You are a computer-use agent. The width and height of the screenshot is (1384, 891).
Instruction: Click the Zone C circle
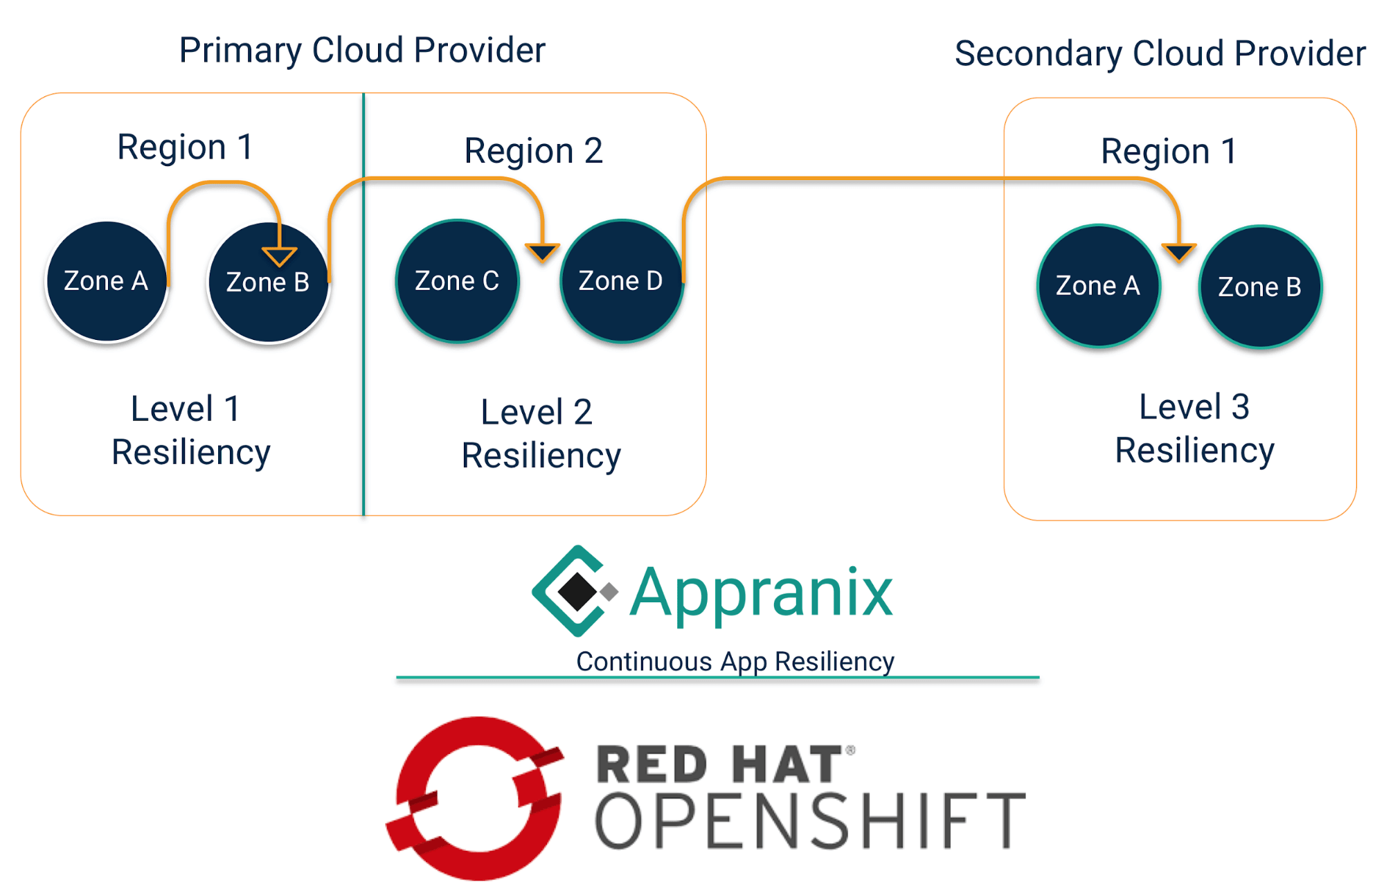pyautogui.click(x=457, y=281)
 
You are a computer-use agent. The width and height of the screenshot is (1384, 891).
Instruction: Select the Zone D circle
pyautogui.click(x=621, y=281)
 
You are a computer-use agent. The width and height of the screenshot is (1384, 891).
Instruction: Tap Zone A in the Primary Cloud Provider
pyautogui.click(x=107, y=281)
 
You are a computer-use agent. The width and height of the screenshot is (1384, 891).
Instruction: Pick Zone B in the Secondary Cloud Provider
pyautogui.click(x=1260, y=287)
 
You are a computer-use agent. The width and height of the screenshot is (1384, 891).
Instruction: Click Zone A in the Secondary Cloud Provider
pyautogui.click(x=1098, y=285)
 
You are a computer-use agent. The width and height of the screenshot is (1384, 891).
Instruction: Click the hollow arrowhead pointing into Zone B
pyautogui.click(x=279, y=255)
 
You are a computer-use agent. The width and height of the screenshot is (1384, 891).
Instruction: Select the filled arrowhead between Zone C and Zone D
pyautogui.click(x=542, y=252)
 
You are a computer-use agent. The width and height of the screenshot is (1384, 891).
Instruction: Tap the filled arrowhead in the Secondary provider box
pyautogui.click(x=1178, y=252)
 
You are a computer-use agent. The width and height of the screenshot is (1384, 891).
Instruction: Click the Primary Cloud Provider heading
pyautogui.click(x=362, y=51)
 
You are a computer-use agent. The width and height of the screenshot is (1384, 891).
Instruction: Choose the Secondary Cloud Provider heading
pyautogui.click(x=1160, y=54)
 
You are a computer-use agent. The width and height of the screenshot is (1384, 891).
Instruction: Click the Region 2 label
pyautogui.click(x=533, y=151)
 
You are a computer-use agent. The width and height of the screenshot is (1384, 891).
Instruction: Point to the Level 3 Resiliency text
pyautogui.click(x=1194, y=429)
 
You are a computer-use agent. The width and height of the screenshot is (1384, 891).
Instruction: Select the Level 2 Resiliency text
pyautogui.click(x=540, y=434)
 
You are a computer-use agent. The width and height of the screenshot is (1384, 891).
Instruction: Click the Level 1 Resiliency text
pyautogui.click(x=190, y=431)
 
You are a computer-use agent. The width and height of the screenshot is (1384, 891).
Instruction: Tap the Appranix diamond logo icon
pyautogui.click(x=575, y=591)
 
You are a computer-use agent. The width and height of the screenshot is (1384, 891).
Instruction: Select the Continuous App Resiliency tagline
pyautogui.click(x=735, y=661)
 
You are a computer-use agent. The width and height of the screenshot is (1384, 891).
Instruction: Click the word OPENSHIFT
pyautogui.click(x=810, y=821)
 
